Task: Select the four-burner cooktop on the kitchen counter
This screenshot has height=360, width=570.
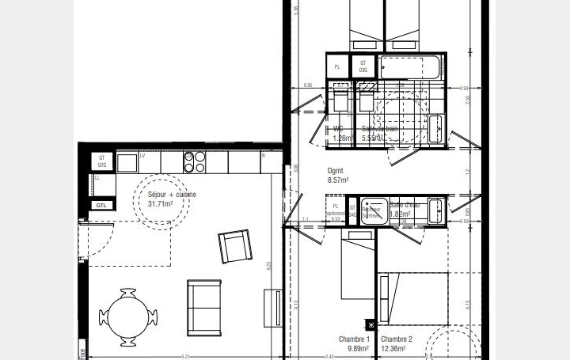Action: tap(195, 161)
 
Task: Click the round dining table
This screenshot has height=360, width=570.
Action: tap(127, 316)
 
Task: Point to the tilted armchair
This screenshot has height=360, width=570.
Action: tap(234, 247)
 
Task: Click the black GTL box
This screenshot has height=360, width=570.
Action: tap(101, 206)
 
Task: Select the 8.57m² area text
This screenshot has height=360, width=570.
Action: tap(338, 180)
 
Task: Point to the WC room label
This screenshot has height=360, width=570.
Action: tap(338, 128)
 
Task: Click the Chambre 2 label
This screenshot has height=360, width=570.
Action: tap(393, 339)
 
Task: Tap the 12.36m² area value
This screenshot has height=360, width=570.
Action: tap(393, 348)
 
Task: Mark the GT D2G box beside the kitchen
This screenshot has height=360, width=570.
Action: tap(102, 161)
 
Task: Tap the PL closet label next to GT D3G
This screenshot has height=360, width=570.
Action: tap(337, 67)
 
